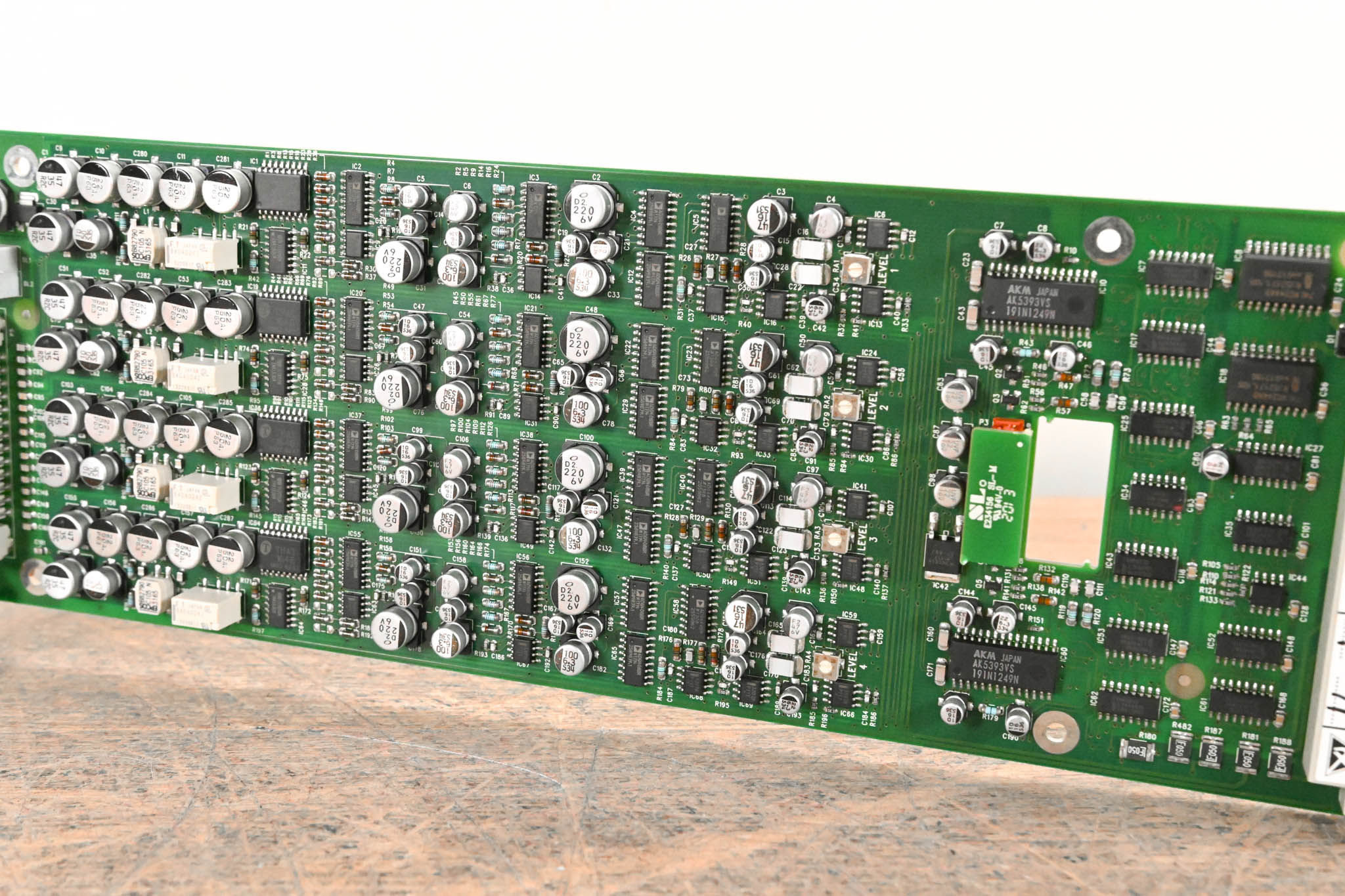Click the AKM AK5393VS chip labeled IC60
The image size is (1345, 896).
(x=1003, y=666)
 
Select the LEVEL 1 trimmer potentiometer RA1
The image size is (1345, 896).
(x=852, y=268)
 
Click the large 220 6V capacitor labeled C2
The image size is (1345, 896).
(x=590, y=205)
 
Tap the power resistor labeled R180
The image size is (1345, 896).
(x=1136, y=749)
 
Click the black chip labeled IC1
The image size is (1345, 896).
(x=281, y=192)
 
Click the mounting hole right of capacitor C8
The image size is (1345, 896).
(x=1109, y=240)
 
